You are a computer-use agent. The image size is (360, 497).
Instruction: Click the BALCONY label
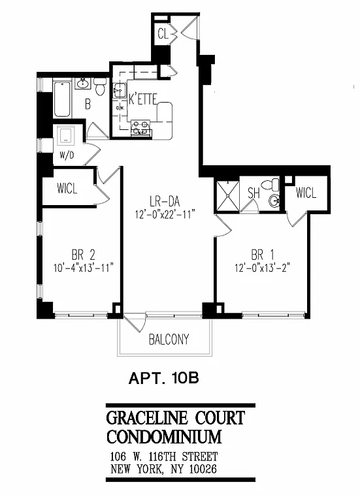click(x=169, y=340)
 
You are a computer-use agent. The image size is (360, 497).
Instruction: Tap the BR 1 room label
click(x=262, y=255)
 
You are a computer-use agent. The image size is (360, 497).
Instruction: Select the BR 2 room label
click(x=83, y=255)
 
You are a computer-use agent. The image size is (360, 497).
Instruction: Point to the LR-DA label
click(x=165, y=201)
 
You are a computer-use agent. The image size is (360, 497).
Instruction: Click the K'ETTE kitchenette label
click(x=142, y=99)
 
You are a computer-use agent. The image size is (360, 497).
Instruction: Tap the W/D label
click(x=67, y=155)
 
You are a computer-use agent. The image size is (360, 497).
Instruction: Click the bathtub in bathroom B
click(x=62, y=99)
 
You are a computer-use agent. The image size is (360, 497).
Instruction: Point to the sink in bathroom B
click(x=83, y=84)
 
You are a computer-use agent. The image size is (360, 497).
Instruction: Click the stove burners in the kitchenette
click(x=140, y=128)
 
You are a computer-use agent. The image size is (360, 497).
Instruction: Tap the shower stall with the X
click(x=228, y=195)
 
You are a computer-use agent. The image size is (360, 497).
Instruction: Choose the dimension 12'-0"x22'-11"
click(x=165, y=215)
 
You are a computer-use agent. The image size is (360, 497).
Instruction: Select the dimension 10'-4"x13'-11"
click(x=83, y=268)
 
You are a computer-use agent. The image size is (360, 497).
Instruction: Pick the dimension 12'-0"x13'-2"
click(x=262, y=268)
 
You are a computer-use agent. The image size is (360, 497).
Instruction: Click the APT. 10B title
click(x=163, y=378)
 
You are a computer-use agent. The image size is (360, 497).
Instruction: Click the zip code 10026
click(x=203, y=469)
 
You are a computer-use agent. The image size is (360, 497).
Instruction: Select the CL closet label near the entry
click(x=163, y=33)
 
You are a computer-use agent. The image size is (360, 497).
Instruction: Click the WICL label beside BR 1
click(x=306, y=193)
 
